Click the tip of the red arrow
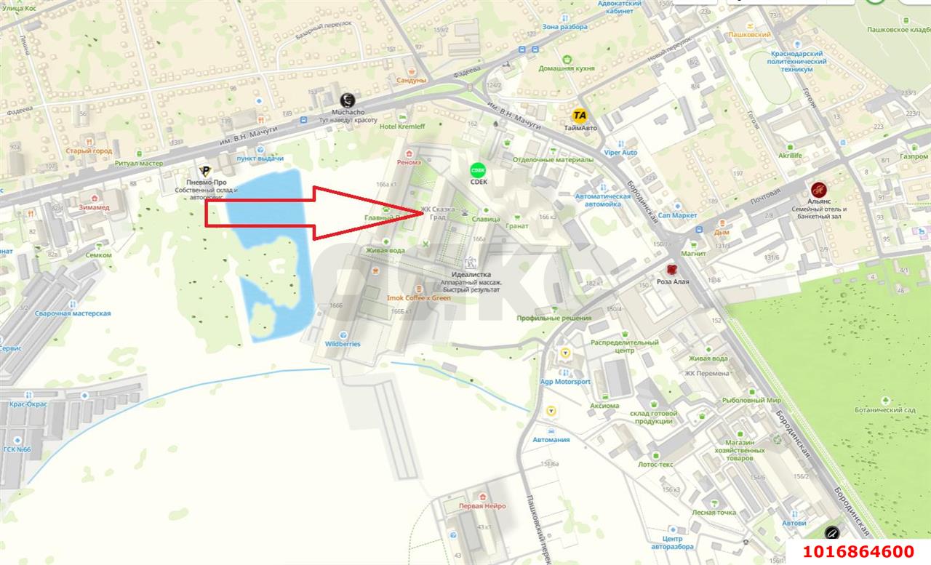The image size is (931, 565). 422,212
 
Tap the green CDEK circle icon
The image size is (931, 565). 478,170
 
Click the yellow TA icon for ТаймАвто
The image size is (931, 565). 580,115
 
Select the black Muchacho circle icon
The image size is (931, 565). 348,101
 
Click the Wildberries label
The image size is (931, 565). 343,344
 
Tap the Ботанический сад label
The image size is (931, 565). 885,410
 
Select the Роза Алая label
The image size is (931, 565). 672,281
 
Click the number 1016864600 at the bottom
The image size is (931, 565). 858,552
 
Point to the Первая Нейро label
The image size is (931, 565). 482,506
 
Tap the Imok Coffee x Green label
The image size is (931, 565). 418,298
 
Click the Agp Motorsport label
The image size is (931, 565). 565,382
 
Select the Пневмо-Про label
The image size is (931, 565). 206,182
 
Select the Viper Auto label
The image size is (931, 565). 620,153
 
